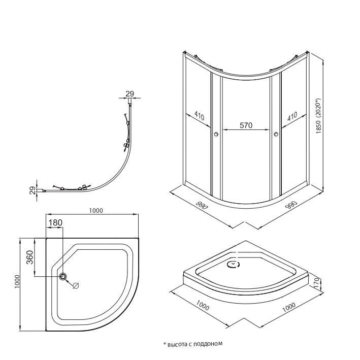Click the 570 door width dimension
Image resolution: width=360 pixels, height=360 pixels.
click(x=246, y=126)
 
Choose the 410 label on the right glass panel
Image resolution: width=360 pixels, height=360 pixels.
click(x=292, y=116)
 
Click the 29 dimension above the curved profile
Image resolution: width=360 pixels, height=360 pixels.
click(x=129, y=93)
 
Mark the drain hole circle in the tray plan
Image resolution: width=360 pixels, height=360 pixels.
click(x=63, y=276)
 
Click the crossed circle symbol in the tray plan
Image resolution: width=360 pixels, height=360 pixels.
click(x=76, y=285)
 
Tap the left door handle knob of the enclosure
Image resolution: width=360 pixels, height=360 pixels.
click(x=217, y=134)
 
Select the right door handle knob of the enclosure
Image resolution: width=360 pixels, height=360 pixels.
click(x=276, y=134)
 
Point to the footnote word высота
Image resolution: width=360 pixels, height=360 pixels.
click(x=178, y=344)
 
